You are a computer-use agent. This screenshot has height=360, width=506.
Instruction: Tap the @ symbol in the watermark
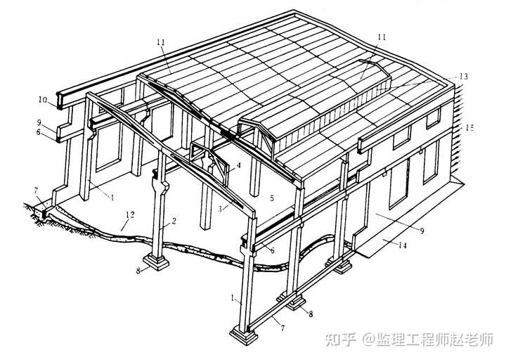tap(367, 340)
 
